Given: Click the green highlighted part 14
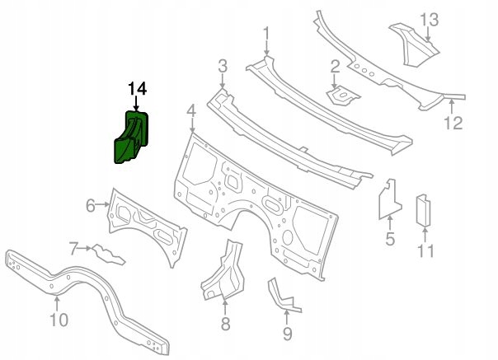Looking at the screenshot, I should click(128, 137).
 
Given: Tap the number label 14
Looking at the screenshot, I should click(136, 88).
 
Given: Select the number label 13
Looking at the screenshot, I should click(430, 19).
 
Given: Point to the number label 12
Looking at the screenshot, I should click(454, 124).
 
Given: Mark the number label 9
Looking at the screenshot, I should click(287, 333).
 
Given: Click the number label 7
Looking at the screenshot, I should click(73, 247).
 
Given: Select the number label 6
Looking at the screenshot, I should click(91, 206).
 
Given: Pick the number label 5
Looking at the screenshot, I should click(389, 240).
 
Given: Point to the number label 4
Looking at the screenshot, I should click(190, 110).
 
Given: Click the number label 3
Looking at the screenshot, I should click(222, 66).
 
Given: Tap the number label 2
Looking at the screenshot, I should click(335, 67).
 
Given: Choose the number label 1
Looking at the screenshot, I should click(265, 33).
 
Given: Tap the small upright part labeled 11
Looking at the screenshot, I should click(424, 209).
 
